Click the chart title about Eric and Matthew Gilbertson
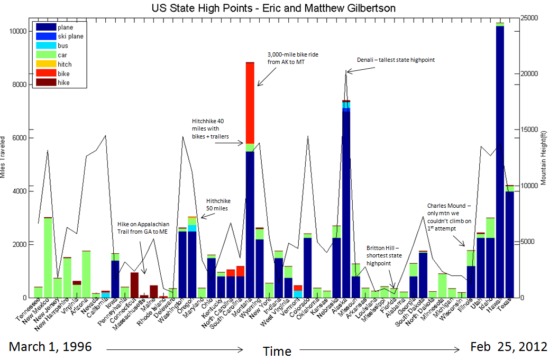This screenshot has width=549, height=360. [x=273, y=8]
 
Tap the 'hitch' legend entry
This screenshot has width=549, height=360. [x=65, y=64]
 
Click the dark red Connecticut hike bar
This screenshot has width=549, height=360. [x=134, y=285]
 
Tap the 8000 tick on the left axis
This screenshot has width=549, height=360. [x=19, y=85]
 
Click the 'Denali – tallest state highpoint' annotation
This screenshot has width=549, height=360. [x=396, y=60]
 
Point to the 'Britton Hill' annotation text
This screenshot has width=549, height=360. [x=384, y=255]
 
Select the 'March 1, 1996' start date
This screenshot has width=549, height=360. [x=50, y=347]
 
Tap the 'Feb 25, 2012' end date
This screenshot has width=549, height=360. [x=508, y=347]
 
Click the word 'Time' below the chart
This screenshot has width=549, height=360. [x=277, y=351]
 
